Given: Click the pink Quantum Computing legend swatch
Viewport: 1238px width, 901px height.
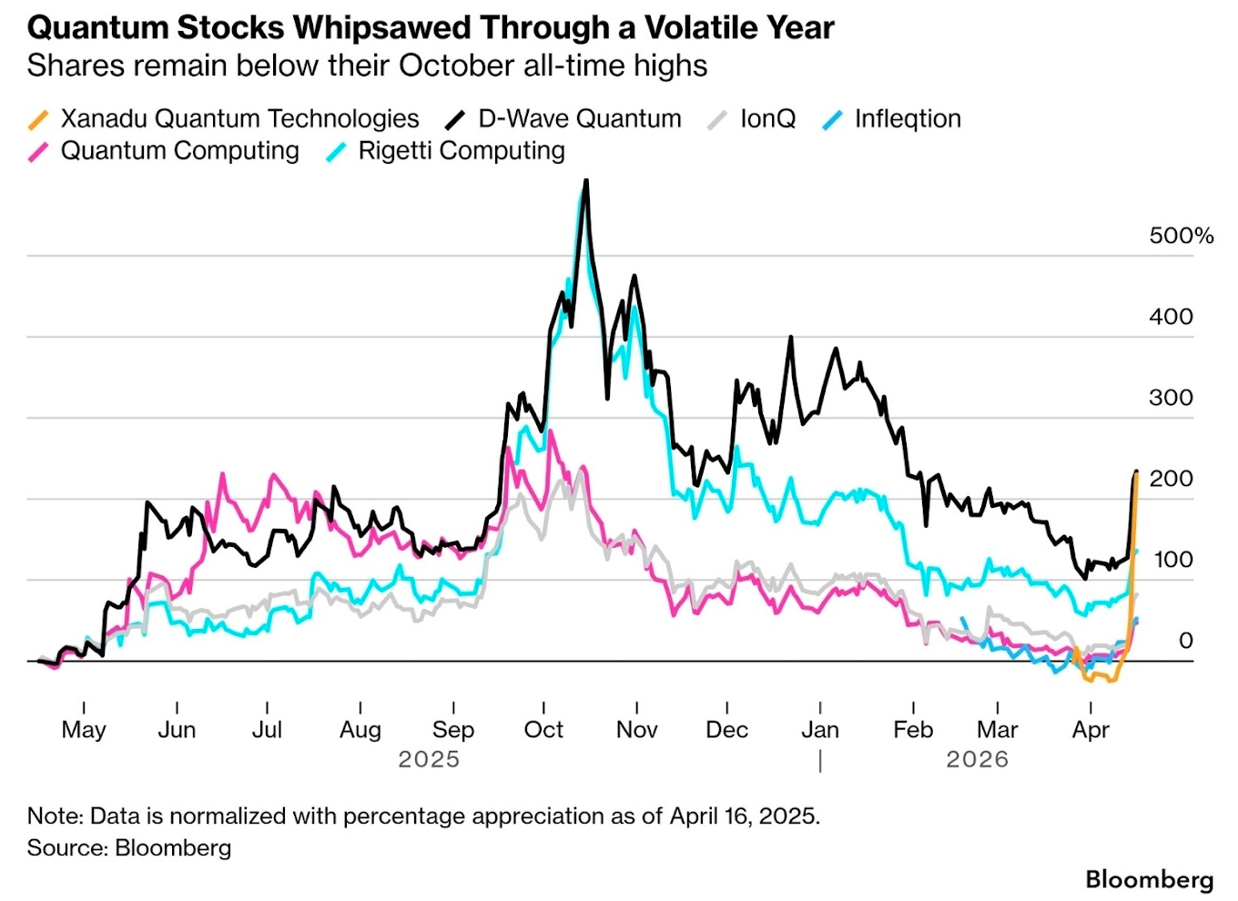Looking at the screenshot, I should tap(38, 152).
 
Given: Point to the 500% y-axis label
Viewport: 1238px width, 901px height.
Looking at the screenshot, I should tap(1181, 236).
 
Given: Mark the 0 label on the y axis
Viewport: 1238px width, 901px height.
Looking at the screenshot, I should tap(1185, 641).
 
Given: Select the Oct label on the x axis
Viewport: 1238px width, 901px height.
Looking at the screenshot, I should tap(543, 730).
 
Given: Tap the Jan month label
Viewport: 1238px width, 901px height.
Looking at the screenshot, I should tap(819, 730).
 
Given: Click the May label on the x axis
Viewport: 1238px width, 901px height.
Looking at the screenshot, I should tap(84, 730).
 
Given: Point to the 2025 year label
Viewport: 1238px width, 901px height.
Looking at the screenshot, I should tap(429, 759).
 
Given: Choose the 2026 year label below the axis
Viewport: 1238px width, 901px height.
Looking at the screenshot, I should tap(977, 759).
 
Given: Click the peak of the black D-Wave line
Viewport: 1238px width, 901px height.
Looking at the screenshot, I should tap(586, 181).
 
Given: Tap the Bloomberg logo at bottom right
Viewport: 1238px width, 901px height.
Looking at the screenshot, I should tap(1149, 879).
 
